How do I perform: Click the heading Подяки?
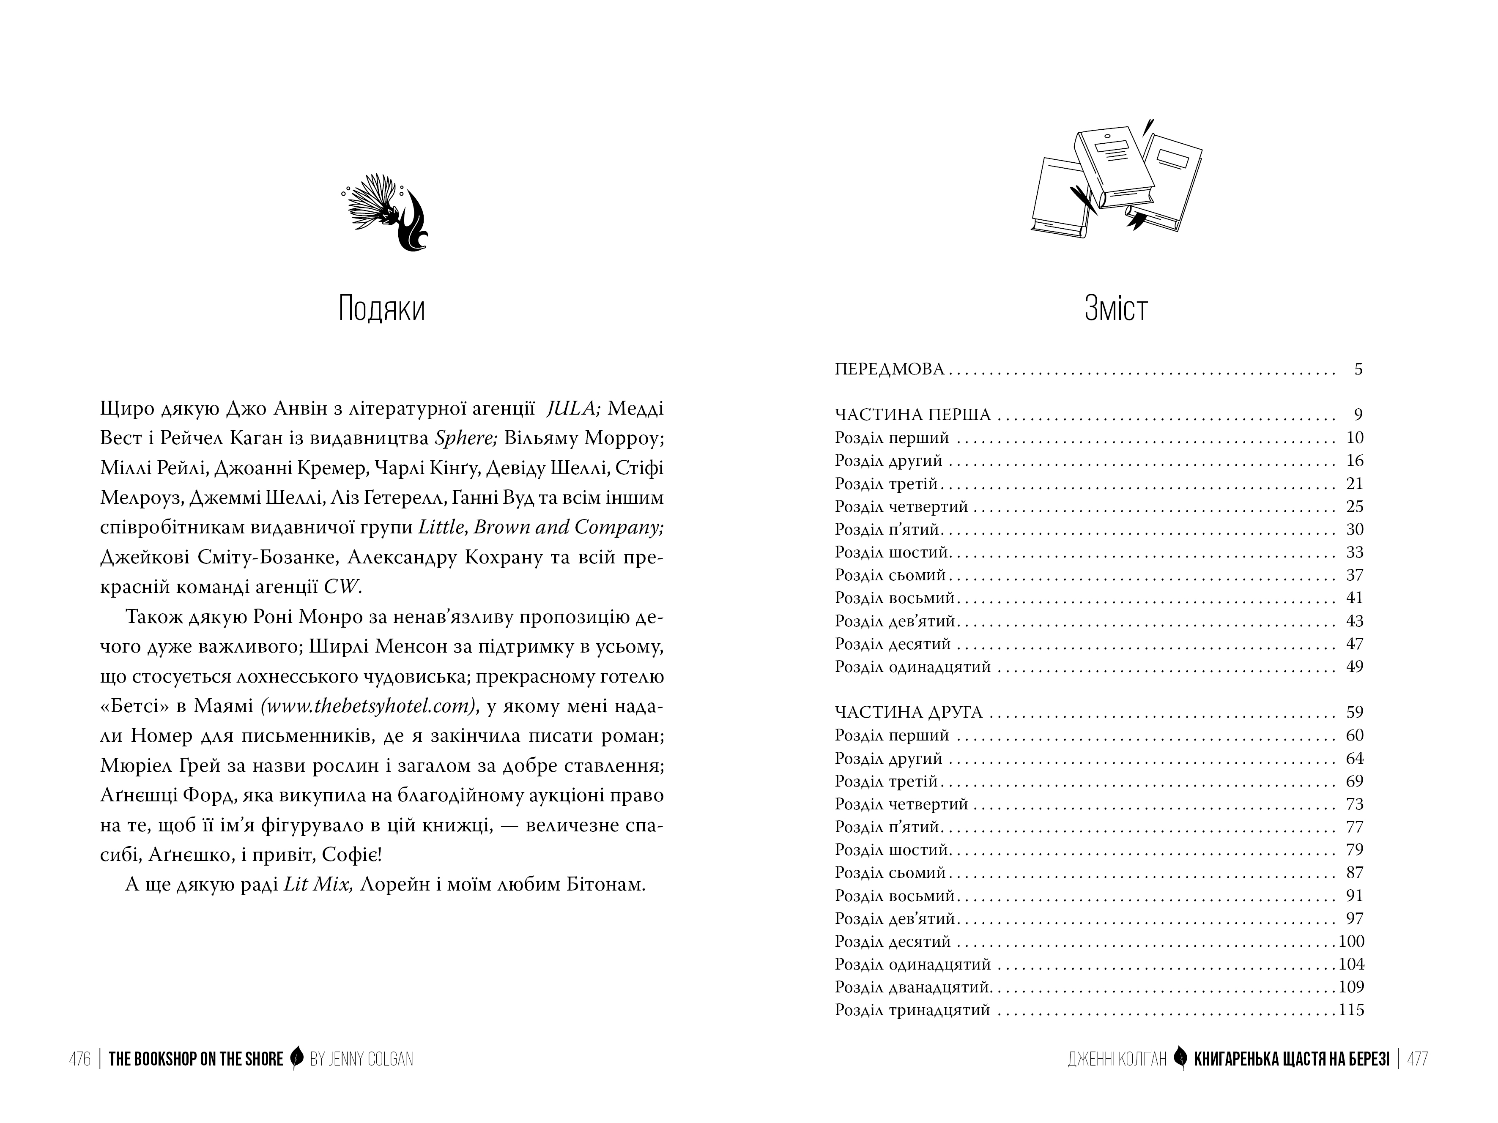(381, 309)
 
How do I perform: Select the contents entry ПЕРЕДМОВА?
(889, 369)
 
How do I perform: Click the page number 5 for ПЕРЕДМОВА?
(1358, 369)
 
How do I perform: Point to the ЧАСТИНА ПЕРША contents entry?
(912, 414)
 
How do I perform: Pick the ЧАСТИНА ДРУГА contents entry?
(908, 712)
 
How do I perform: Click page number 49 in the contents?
(1354, 667)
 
